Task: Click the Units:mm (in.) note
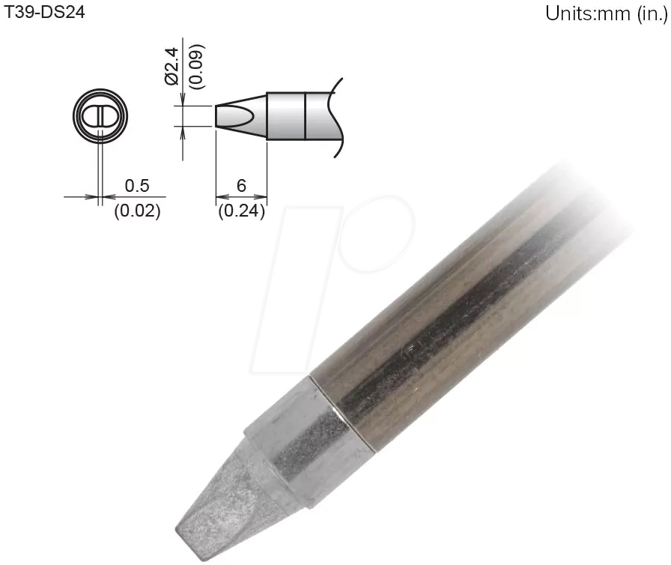606,14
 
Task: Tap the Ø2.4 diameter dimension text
171,65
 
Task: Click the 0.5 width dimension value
137,185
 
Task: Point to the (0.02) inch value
137,211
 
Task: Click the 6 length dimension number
241,185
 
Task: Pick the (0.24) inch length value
241,211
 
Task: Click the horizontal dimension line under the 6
241,198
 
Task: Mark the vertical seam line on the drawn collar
305,116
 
